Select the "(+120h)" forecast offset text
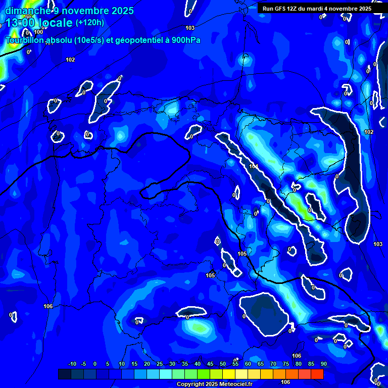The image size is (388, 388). tap(89, 23)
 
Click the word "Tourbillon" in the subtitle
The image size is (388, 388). tap(26, 40)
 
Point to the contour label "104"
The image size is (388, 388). tap(254, 166)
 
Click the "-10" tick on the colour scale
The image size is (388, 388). tap(72, 364)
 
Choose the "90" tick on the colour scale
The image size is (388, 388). tap(323, 364)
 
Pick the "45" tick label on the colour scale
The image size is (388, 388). tap(210, 364)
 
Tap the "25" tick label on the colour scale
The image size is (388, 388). tap(160, 364)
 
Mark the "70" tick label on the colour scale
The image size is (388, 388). tap(273, 364)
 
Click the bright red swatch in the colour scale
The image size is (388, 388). tap(317, 374)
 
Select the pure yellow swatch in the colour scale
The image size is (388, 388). tap(229, 374)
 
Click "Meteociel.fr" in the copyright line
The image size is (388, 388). tap(235, 384)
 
